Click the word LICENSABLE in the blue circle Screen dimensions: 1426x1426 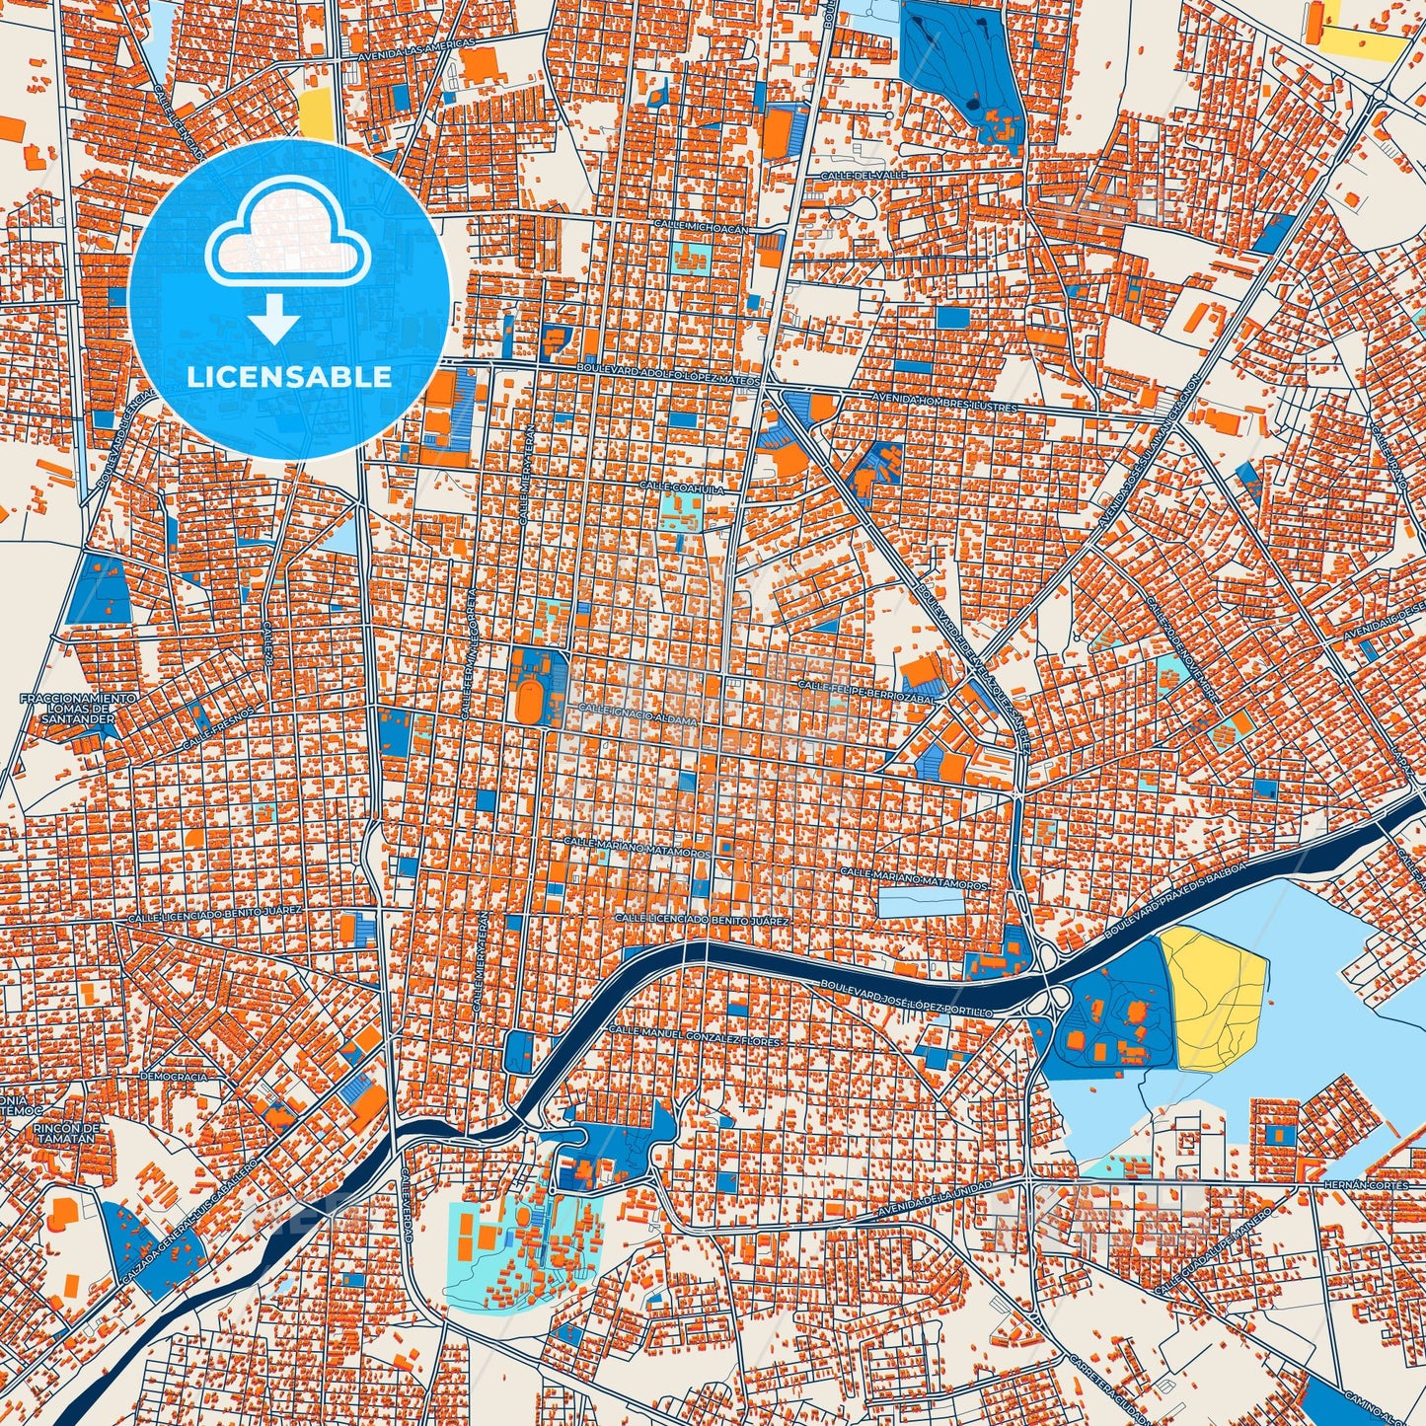click(289, 377)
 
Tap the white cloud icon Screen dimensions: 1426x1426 click(288, 235)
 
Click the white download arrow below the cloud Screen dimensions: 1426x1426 click(274, 319)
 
